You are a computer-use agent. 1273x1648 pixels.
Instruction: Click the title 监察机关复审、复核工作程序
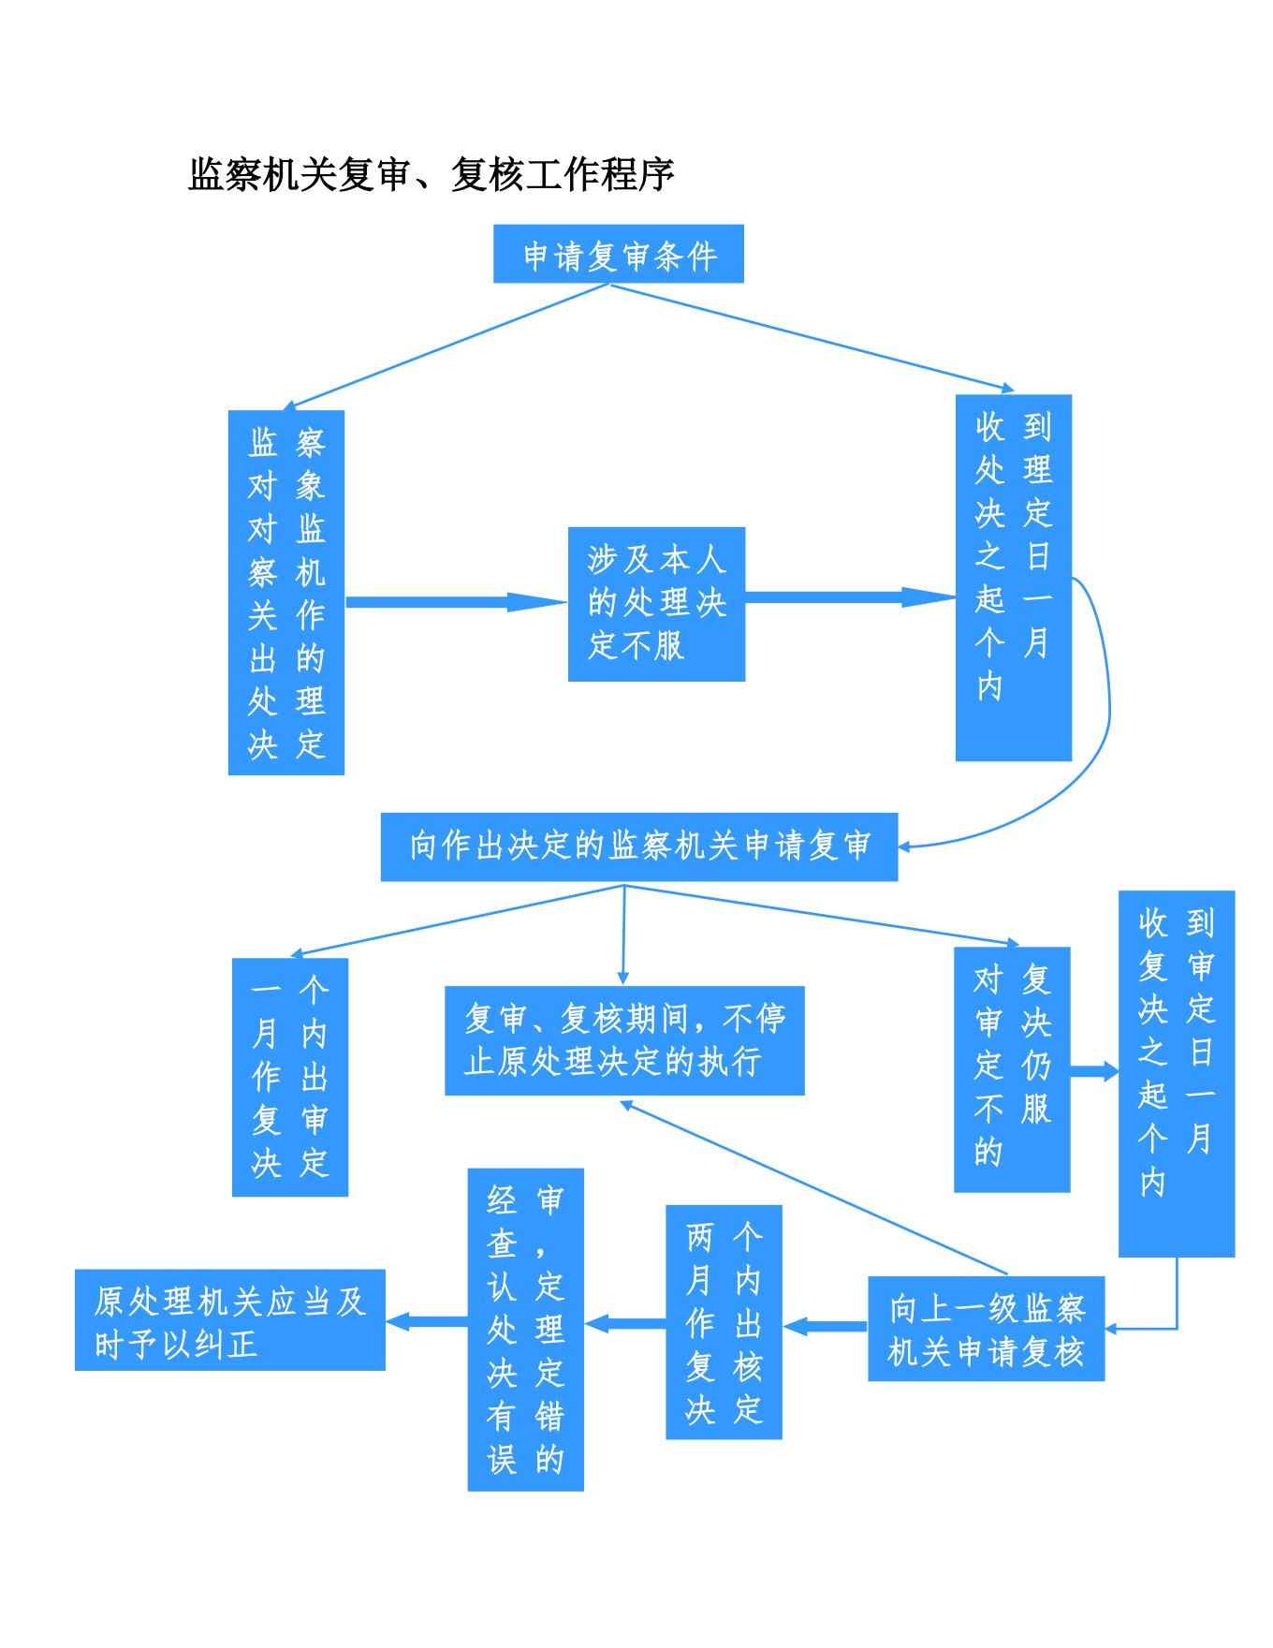pos(432,174)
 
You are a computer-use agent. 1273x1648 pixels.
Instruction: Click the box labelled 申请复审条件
pos(618,254)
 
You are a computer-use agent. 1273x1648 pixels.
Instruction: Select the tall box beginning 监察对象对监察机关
pos(286,592)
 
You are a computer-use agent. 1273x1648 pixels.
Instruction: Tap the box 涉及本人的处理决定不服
pos(656,604)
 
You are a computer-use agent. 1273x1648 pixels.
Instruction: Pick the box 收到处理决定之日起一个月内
pos(1013,577)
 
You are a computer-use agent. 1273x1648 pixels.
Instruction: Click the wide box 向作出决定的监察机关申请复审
pos(638,846)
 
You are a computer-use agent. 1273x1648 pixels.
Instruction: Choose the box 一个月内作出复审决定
pos(290,1077)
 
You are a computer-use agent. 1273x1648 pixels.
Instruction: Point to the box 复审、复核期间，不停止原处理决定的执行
pos(624,1040)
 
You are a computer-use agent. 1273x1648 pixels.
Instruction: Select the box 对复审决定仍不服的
pos(1012,1069)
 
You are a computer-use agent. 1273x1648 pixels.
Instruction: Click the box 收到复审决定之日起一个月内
pos(1177,1073)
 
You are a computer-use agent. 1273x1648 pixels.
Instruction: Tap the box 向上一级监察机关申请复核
pos(986,1329)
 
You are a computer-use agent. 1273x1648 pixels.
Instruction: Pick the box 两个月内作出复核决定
pos(724,1322)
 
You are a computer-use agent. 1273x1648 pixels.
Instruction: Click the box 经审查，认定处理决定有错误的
pos(525,1329)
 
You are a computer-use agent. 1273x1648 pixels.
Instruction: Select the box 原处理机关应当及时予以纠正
pos(230,1320)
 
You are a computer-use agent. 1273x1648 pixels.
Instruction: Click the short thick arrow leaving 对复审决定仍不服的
pos(1094,1070)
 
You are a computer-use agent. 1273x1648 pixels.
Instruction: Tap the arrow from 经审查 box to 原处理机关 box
pos(427,1321)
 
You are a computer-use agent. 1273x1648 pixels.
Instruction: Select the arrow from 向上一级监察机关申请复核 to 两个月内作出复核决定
pos(825,1326)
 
